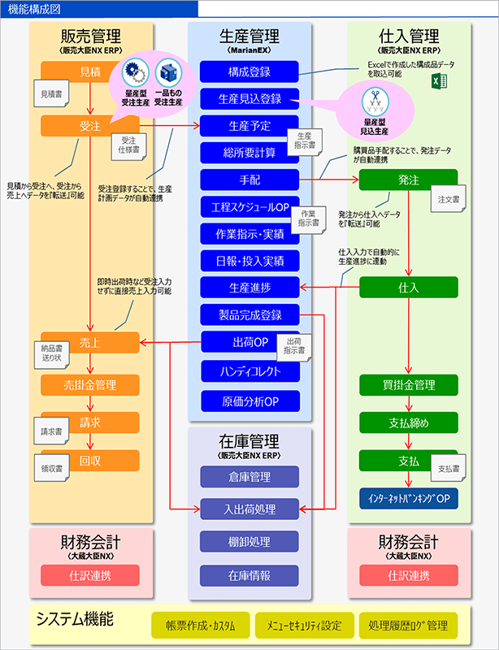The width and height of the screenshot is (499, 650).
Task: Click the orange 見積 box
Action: point(90,71)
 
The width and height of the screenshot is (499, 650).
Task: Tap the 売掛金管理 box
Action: point(90,384)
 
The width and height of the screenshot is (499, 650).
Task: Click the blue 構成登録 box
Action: point(250,71)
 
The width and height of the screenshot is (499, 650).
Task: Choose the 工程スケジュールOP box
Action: point(250,206)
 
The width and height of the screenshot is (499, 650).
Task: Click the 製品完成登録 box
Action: point(250,314)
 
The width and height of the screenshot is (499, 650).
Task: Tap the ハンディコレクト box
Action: point(250,372)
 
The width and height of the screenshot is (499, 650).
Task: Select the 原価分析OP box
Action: point(250,401)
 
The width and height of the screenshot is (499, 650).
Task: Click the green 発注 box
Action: point(409,180)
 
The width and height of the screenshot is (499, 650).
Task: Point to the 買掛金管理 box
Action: point(409,384)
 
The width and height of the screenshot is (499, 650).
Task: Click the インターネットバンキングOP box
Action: point(409,497)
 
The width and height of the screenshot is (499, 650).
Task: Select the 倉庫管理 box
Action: point(250,476)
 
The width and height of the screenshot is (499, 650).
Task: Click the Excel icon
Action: point(440,81)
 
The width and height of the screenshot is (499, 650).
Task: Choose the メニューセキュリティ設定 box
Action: point(303,625)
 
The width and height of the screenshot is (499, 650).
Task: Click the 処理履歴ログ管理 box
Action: point(408,625)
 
